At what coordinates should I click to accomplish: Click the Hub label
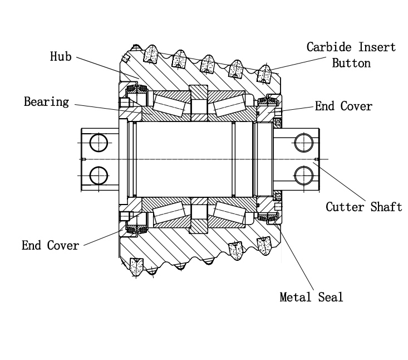coord(61,56)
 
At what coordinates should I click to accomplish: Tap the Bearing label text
coord(46,101)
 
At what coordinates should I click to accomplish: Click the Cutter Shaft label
coord(363,207)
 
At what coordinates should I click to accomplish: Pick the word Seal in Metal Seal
coord(331,297)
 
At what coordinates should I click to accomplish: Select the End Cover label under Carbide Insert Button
coord(343,106)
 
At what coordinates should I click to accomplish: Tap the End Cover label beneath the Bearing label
coord(50,245)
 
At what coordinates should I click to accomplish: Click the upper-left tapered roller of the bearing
coord(169,105)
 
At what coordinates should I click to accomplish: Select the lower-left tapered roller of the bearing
coord(169,213)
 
